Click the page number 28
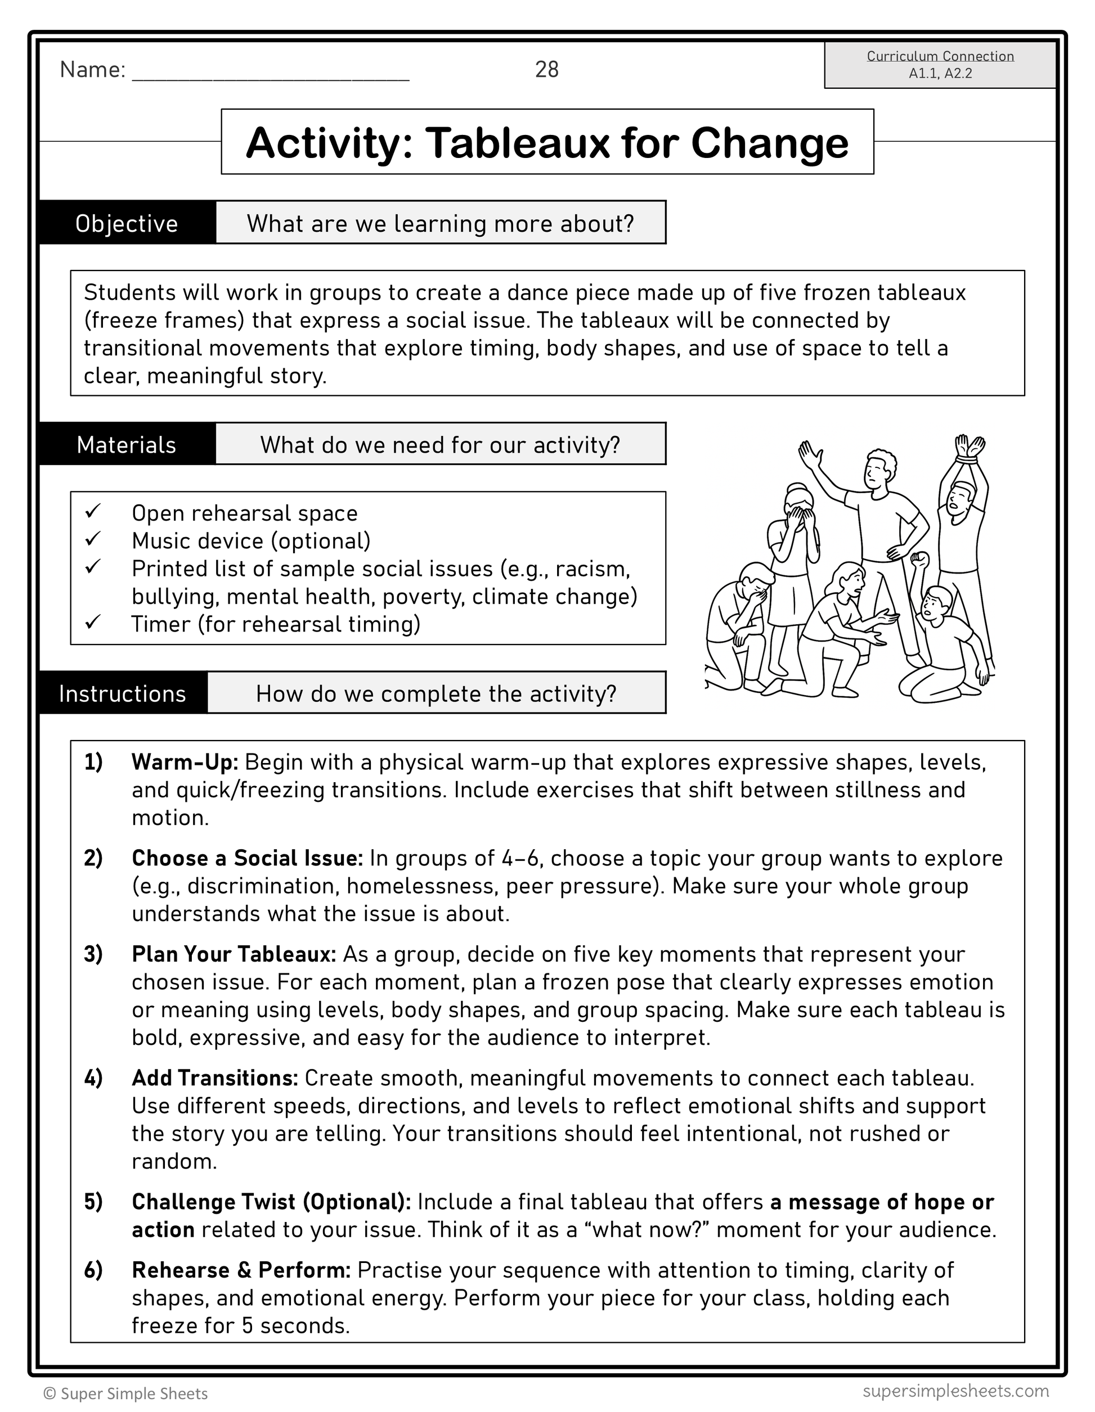coord(546,69)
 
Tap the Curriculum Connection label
coord(940,56)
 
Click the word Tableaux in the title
coord(517,143)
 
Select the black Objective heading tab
coord(127,223)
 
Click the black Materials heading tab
coord(127,445)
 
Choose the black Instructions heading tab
coord(123,694)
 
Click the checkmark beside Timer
coord(92,623)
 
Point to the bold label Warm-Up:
coord(185,763)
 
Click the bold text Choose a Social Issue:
coord(247,858)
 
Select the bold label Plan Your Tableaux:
coord(234,954)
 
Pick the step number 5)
coord(93,1202)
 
